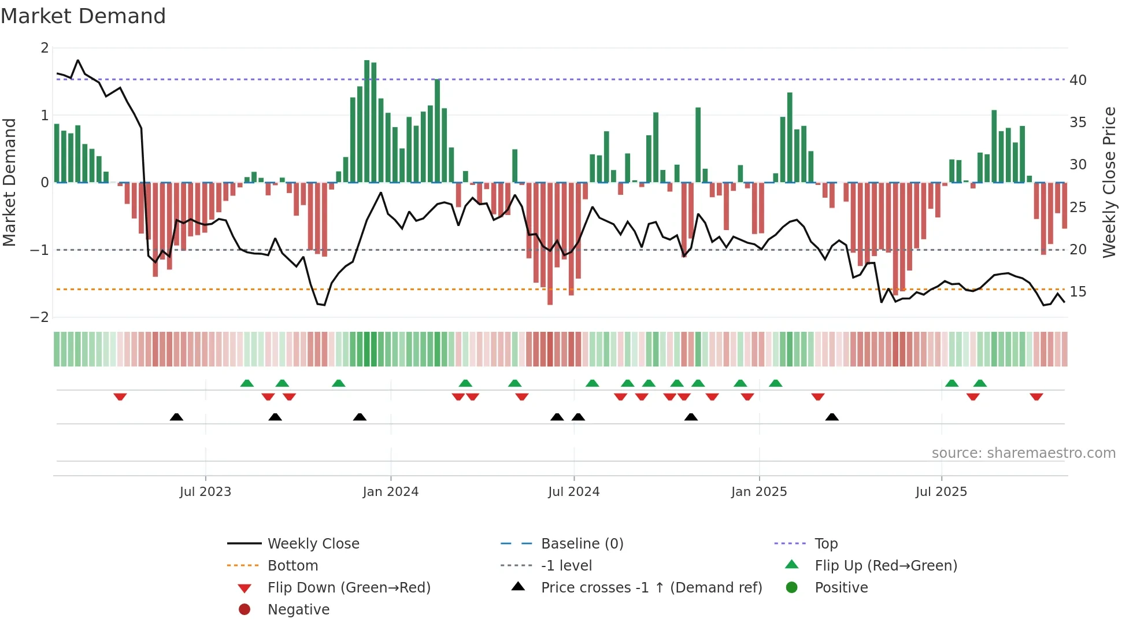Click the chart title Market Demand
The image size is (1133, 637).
click(x=83, y=16)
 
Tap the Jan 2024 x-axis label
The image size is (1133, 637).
click(x=390, y=492)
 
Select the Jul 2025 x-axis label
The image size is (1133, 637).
click(x=941, y=492)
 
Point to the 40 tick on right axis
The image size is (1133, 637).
click(x=1078, y=80)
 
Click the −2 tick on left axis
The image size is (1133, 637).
click(x=40, y=317)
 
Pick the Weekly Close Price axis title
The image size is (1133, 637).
click(x=1109, y=182)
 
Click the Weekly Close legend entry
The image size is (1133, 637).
click(x=313, y=543)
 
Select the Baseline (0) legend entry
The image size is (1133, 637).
click(x=582, y=543)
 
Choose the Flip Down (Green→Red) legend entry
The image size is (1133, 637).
click(x=349, y=587)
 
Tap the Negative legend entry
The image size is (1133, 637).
click(x=298, y=609)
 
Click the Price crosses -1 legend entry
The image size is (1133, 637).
click(x=651, y=587)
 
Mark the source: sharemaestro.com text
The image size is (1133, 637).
click(x=1023, y=453)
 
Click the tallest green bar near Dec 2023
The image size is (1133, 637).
click(x=366, y=121)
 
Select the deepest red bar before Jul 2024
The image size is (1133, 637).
click(x=550, y=243)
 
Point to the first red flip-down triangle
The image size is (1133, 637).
click(x=120, y=397)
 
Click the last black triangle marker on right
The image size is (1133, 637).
click(x=832, y=417)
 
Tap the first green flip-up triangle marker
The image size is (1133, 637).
click(x=247, y=383)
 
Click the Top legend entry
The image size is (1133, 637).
click(x=825, y=543)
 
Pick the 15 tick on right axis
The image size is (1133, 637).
click(x=1078, y=292)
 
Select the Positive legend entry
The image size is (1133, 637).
click(x=841, y=587)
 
